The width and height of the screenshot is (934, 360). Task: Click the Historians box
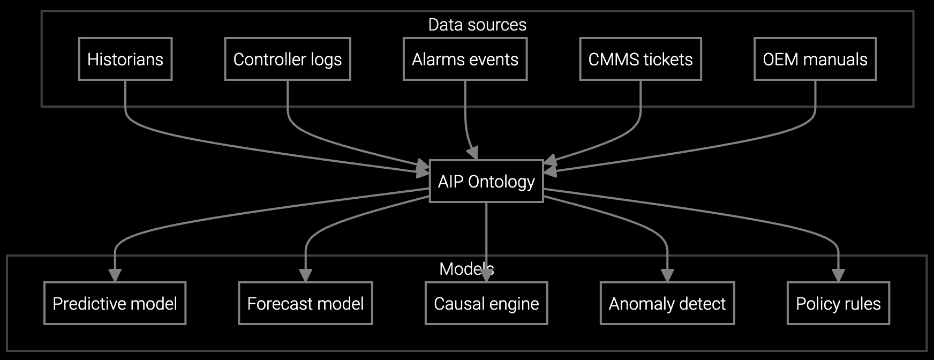tap(125, 59)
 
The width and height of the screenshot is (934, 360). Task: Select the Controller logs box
tap(288, 59)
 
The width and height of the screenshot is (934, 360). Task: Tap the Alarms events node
tap(465, 59)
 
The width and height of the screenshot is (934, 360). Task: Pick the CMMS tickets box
tap(641, 59)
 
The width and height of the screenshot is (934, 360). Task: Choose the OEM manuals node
tap(815, 59)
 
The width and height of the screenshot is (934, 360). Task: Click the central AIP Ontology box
tap(486, 181)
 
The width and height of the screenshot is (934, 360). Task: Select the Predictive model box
tap(115, 303)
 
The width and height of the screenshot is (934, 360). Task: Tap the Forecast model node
tap(305, 303)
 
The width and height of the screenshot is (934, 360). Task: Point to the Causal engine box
tap(486, 303)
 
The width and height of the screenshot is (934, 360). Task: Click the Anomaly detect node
tap(667, 303)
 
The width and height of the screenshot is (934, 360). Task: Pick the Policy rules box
tap(838, 303)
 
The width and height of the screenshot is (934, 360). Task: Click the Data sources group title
tap(477, 25)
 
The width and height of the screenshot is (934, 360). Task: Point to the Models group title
tap(466, 268)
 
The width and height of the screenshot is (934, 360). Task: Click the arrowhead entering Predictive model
tap(115, 275)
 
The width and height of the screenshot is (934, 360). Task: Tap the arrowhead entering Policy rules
tap(838, 275)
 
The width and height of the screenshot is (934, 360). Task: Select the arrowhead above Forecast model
tap(305, 275)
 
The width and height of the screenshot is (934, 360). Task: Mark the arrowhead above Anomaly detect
tap(667, 275)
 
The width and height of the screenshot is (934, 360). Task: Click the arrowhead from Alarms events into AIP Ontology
tap(472, 152)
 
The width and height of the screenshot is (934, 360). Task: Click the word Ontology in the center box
tap(501, 182)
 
